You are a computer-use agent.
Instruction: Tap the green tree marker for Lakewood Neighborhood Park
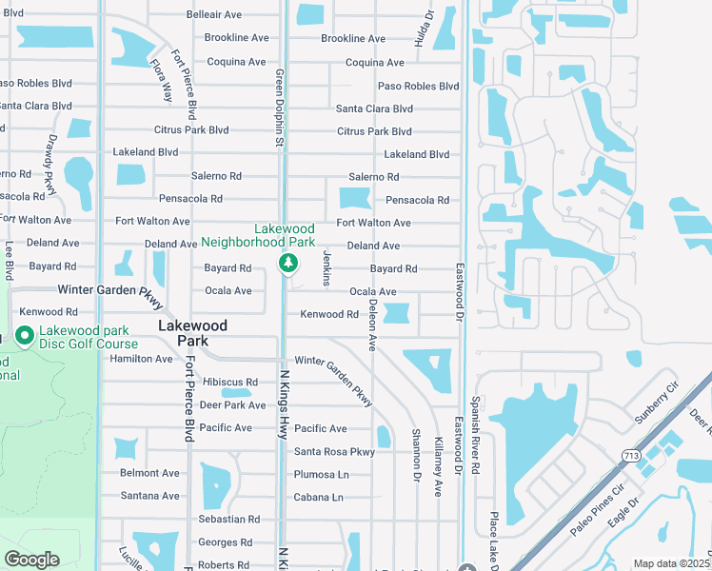285,263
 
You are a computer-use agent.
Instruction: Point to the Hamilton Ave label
142,359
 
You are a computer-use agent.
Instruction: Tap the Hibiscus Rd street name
230,383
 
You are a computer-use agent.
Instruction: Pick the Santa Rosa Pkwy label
334,452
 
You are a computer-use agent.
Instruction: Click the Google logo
31,560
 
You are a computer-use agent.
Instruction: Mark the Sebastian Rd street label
229,520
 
